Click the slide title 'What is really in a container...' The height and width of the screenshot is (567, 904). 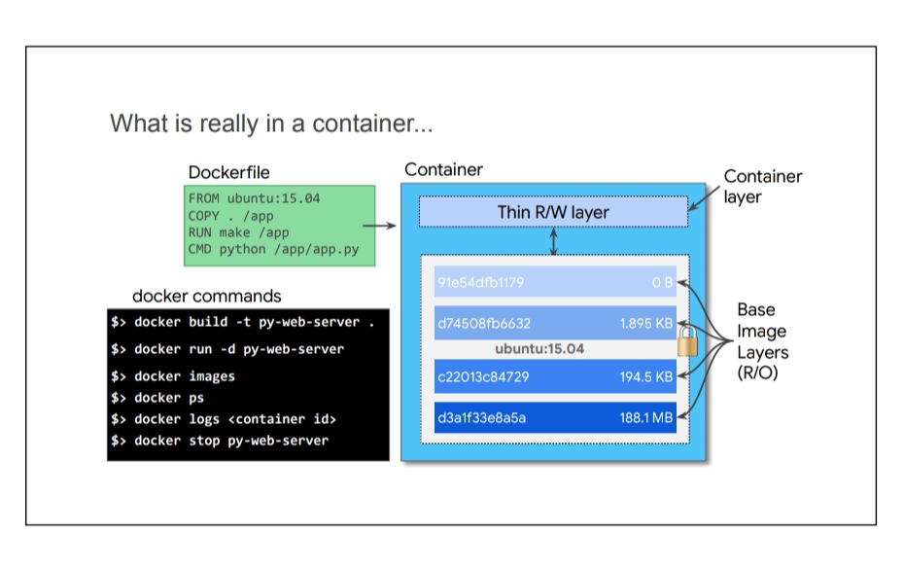pyautogui.click(x=271, y=124)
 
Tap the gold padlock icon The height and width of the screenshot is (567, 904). pyautogui.click(x=687, y=341)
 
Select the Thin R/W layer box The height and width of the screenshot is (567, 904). pyautogui.click(x=553, y=212)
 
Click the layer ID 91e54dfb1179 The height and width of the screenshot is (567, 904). pyautogui.click(x=481, y=283)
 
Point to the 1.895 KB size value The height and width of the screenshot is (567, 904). pyautogui.click(x=646, y=324)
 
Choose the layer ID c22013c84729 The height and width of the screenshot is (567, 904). pyautogui.click(x=483, y=377)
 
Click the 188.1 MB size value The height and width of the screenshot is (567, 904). pyautogui.click(x=646, y=417)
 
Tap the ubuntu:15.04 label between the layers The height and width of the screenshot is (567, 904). pyautogui.click(x=539, y=349)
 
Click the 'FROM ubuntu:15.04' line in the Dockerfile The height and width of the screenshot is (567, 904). pyautogui.click(x=255, y=198)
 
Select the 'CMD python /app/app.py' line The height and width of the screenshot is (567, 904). pyautogui.click(x=273, y=249)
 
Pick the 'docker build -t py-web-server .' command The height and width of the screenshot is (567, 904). pyautogui.click(x=243, y=322)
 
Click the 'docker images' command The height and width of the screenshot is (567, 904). pyautogui.click(x=173, y=376)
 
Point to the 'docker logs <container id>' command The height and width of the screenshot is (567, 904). pyautogui.click(x=224, y=419)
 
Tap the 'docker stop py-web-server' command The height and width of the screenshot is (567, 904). pyautogui.click(x=220, y=441)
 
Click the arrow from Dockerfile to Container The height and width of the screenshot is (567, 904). pyautogui.click(x=379, y=226)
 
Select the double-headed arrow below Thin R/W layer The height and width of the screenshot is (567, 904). pyautogui.click(x=553, y=241)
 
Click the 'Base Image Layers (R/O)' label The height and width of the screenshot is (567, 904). pyautogui.click(x=762, y=341)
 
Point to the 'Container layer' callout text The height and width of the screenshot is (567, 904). pyautogui.click(x=763, y=187)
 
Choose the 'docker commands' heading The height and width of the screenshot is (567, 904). pyautogui.click(x=207, y=296)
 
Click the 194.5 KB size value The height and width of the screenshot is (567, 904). pyautogui.click(x=646, y=377)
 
